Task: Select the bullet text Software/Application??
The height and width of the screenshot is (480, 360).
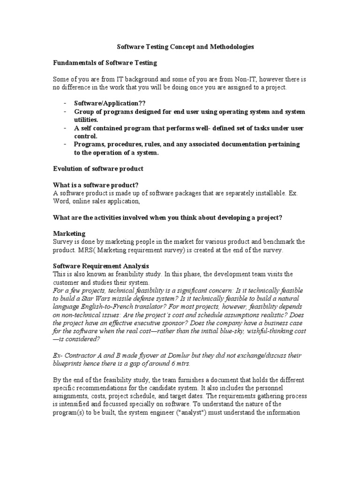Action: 107,104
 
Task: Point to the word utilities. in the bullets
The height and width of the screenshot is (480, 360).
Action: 86,120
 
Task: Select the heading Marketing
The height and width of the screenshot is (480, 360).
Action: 69,233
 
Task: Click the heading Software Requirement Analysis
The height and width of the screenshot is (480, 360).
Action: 101,266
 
